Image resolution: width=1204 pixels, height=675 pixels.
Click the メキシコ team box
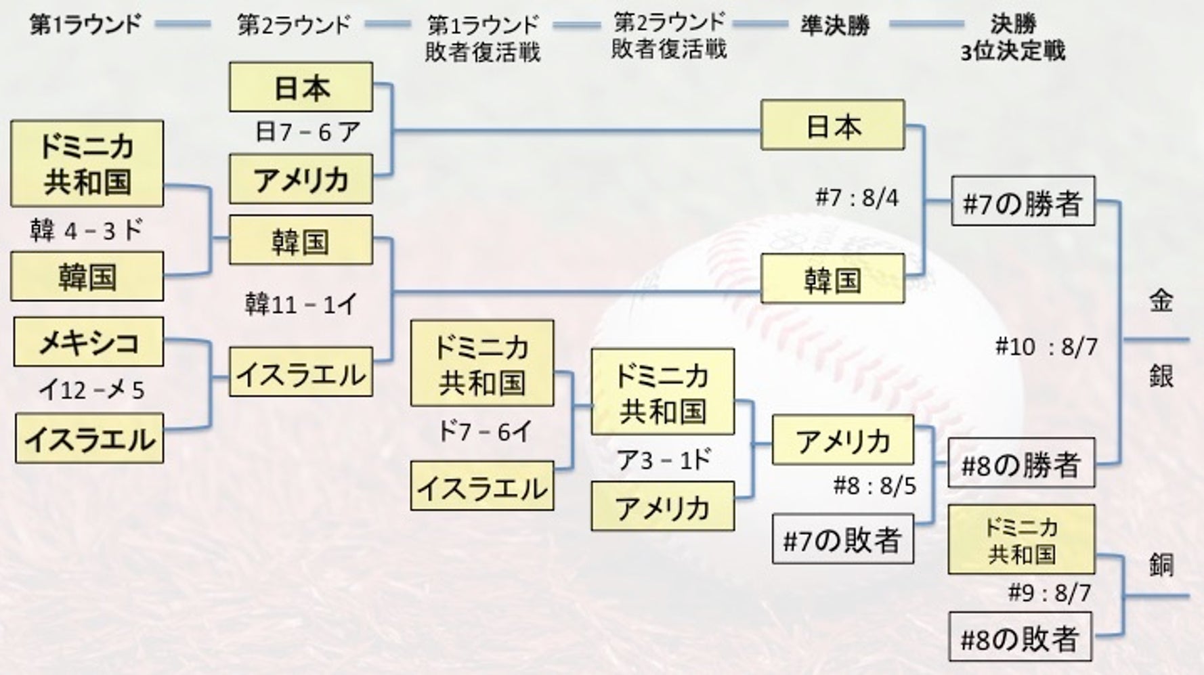pos(88,342)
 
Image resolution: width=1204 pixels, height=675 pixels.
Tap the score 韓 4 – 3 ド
pos(86,230)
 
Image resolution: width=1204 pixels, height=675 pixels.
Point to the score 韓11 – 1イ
pos(300,305)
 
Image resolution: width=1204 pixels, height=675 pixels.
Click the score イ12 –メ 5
pos(91,390)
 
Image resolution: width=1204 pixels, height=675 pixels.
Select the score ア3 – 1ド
pos(663,460)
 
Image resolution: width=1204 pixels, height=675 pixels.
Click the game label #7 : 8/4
pos(857,198)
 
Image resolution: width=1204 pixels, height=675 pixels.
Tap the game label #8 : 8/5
pos(874,485)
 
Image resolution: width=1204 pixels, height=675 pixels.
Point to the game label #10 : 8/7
pos(1046,347)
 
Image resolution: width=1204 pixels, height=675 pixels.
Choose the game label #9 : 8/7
pos(1049,593)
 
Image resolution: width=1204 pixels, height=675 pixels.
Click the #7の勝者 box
pos(1023,201)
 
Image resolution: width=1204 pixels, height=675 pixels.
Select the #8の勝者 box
pos(1021,464)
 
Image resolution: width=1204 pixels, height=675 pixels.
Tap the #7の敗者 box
pos(842,540)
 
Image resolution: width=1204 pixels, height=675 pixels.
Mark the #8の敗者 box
pos(1020,637)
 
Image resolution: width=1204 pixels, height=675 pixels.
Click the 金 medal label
pos(1161,300)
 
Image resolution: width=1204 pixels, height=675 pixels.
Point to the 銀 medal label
pos(1161,375)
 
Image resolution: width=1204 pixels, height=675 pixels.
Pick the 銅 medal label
pos(1161,564)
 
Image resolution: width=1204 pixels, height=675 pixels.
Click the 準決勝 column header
pos(834,26)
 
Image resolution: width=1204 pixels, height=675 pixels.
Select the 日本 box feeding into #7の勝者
pos(832,125)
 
